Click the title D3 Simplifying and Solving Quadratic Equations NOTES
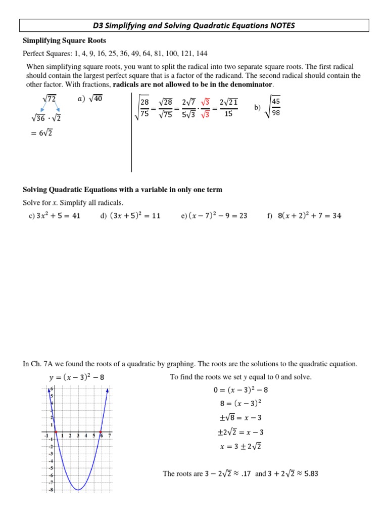[x=194, y=25]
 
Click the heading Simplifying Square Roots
[x=65, y=40]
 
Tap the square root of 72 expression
[x=51, y=100]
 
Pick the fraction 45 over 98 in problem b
[x=275, y=107]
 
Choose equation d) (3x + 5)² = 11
[x=130, y=215]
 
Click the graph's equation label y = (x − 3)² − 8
[x=77, y=377]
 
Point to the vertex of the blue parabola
[x=78, y=490]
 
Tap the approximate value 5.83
[x=309, y=474]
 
